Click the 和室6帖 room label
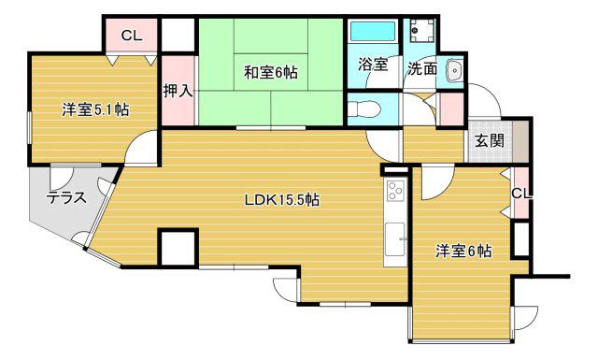270,72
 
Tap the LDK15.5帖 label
281,199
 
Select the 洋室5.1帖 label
95,110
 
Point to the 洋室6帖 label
463,251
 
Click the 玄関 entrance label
490,141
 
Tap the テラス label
65,197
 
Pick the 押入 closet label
178,91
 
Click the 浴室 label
373,65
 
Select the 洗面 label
421,68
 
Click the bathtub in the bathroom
373,31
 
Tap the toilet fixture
364,109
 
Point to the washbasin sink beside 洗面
454,70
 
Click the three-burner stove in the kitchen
395,191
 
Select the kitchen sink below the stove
394,239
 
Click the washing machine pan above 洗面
421,31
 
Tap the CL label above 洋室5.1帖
131,36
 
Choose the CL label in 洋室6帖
521,194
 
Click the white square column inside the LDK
178,248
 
